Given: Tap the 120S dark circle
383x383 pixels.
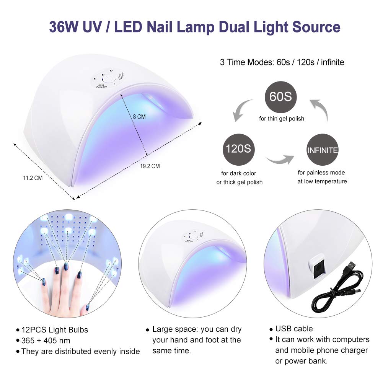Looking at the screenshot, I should click(238, 148).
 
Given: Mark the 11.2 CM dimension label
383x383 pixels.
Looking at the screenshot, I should click(32, 178).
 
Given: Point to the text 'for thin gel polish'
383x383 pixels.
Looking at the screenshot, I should click(282, 119).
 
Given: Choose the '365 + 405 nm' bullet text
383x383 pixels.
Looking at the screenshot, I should click(46, 340).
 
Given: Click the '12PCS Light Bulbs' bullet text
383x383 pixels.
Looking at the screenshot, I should click(54, 329).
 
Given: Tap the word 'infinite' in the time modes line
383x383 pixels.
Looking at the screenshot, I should click(330, 62).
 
